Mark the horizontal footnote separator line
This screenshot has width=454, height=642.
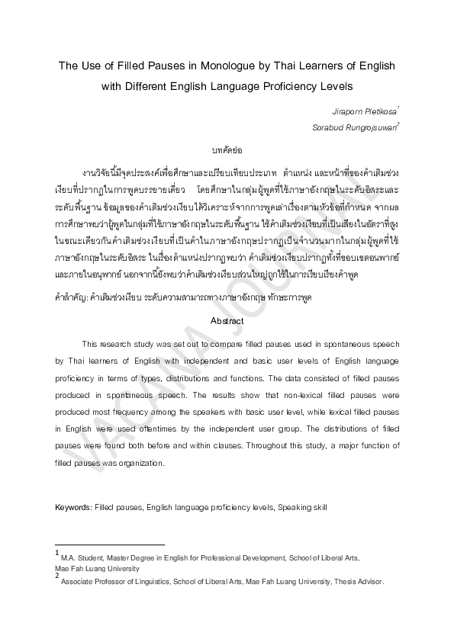point(110,546)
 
